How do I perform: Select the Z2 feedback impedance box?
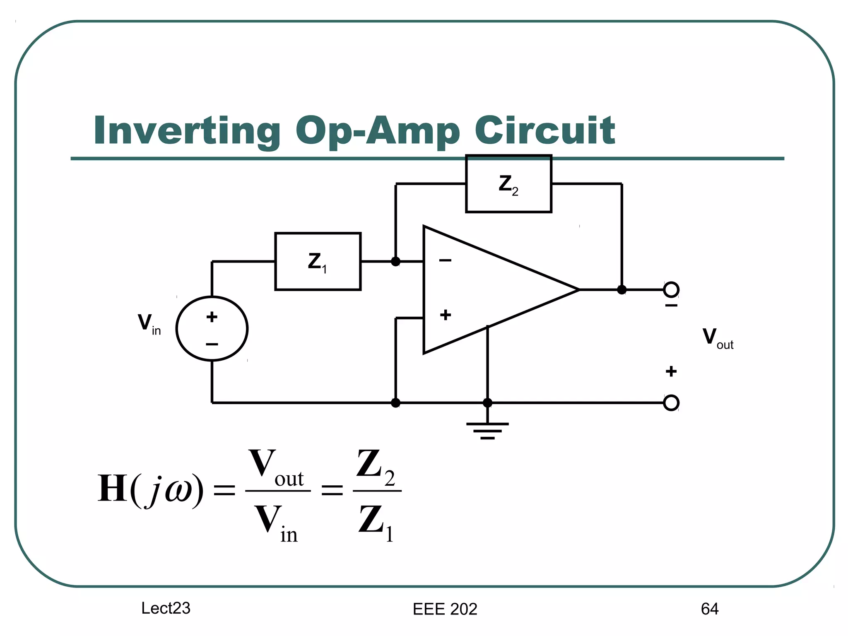508,184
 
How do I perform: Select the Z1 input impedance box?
318,262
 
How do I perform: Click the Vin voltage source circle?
212,329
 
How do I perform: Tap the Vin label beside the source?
149,324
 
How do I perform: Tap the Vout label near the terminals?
717,338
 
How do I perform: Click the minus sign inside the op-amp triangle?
445,260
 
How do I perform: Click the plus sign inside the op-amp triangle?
446,315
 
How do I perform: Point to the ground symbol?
487,431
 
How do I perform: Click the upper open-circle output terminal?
671,289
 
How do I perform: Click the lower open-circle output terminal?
671,402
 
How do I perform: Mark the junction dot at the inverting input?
396,262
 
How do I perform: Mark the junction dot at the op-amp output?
622,290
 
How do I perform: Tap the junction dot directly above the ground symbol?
487,402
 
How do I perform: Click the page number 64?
709,609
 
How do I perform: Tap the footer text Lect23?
166,608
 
